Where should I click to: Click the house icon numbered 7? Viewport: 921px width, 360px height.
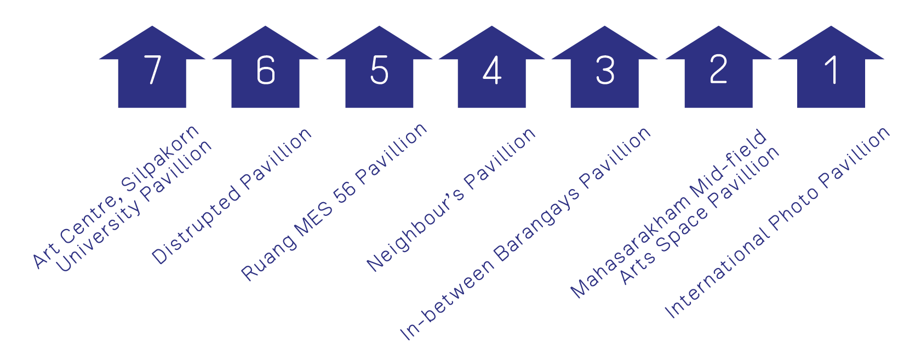pyautogui.click(x=152, y=70)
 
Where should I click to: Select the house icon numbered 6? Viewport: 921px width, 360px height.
pyautogui.click(x=265, y=70)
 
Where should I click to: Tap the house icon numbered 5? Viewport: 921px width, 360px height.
pyautogui.click(x=379, y=70)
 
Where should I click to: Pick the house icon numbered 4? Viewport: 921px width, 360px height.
pyautogui.click(x=492, y=70)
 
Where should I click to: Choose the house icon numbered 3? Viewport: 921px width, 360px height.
pyautogui.click(x=604, y=70)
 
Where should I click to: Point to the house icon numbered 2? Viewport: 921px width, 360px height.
pyautogui.click(x=718, y=70)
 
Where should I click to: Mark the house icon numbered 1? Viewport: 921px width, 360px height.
pyautogui.click(x=831, y=70)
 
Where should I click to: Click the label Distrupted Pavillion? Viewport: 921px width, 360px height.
pyautogui.click(x=232, y=196)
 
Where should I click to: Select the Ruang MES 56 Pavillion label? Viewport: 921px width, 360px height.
pyautogui.click(x=334, y=202)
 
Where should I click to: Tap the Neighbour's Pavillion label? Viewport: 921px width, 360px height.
pyautogui.click(x=451, y=199)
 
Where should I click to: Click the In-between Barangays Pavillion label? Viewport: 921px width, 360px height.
pyautogui.click(x=525, y=233)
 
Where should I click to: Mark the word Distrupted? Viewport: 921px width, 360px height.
pyautogui.click(x=196, y=225)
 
